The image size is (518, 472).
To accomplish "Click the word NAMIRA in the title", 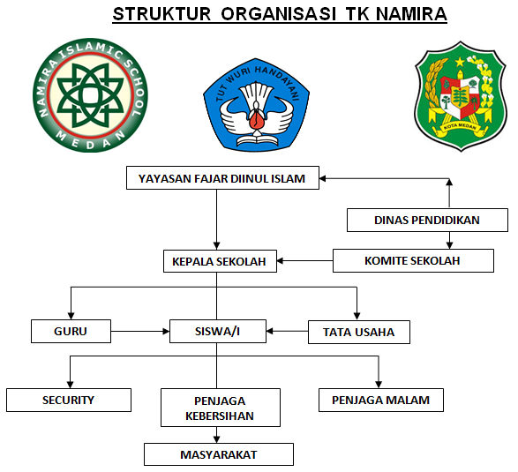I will click(x=409, y=15).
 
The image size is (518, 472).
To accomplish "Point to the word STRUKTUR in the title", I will click(x=161, y=15).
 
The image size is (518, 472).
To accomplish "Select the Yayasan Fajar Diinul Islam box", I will click(x=221, y=178).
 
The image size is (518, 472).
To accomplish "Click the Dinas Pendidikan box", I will click(x=427, y=220).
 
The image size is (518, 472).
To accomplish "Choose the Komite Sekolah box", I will click(x=412, y=260).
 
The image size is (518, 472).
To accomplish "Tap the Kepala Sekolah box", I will click(x=221, y=261).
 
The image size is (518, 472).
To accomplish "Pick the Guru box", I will click(x=71, y=332).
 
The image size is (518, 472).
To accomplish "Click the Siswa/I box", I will click(x=217, y=332).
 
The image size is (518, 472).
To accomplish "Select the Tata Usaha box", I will click(x=358, y=333).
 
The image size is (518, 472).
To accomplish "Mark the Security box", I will click(x=68, y=400).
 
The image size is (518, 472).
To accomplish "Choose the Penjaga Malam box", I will click(x=380, y=400).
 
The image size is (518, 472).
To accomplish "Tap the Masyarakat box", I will click(x=218, y=453).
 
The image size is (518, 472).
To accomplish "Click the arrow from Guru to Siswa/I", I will click(x=140, y=332).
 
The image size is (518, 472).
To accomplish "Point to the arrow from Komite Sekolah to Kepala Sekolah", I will click(x=305, y=260).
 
